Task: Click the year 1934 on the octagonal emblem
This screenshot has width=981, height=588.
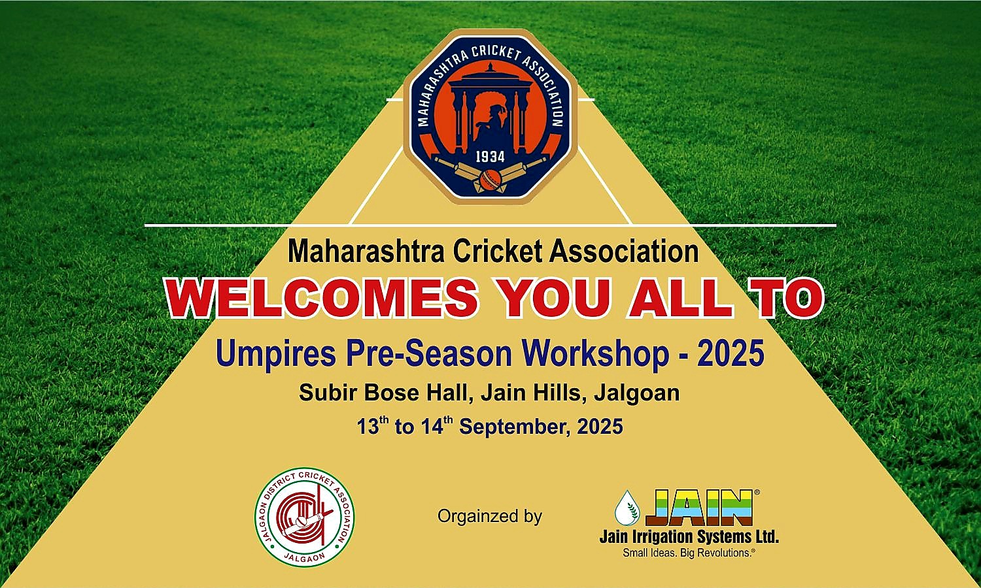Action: [x=490, y=157]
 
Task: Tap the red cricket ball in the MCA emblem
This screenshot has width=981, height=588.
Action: [x=490, y=179]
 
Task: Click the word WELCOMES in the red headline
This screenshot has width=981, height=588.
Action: [x=323, y=298]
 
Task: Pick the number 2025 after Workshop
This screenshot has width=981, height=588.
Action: [x=731, y=353]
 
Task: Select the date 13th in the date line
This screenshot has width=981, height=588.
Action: [x=373, y=426]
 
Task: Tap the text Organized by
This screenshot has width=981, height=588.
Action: [x=490, y=517]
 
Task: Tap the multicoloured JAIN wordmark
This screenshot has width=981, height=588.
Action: [x=699, y=508]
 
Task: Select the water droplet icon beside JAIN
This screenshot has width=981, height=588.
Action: [x=627, y=508]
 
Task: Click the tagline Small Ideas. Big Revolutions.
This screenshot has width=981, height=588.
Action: [x=689, y=553]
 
